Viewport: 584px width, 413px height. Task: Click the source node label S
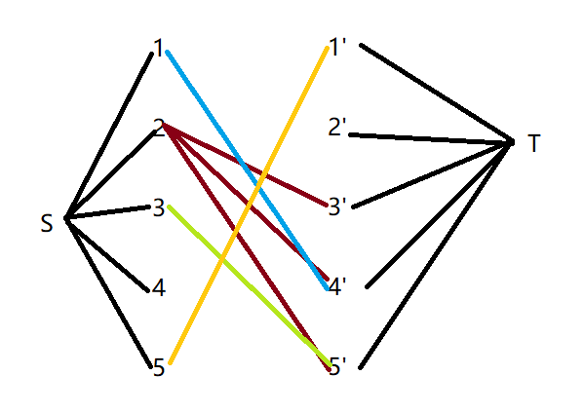click(x=47, y=224)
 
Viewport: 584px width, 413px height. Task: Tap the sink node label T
click(x=533, y=143)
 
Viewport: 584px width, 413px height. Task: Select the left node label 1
click(x=159, y=48)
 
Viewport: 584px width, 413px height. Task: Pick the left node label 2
click(x=160, y=128)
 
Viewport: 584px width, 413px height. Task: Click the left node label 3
click(x=159, y=207)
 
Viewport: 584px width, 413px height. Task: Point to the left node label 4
click(x=159, y=287)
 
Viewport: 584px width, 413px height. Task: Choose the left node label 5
click(x=159, y=367)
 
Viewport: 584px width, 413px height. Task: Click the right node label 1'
click(x=337, y=48)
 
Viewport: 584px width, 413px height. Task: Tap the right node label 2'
click(x=337, y=127)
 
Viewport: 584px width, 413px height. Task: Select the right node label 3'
click(x=337, y=207)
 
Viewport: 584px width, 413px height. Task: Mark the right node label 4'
click(x=337, y=287)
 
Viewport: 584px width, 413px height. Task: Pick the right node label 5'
click(x=337, y=366)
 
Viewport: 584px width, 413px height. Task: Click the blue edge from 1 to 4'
click(x=247, y=170)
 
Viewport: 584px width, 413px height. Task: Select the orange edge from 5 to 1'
click(x=249, y=205)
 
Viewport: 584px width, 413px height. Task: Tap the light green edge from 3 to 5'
click(x=250, y=285)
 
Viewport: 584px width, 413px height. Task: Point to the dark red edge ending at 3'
click(x=245, y=164)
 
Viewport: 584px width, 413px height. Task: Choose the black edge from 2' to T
click(x=431, y=138)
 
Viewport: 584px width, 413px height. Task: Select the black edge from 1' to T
click(x=437, y=93)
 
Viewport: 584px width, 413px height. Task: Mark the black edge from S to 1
click(x=108, y=135)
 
